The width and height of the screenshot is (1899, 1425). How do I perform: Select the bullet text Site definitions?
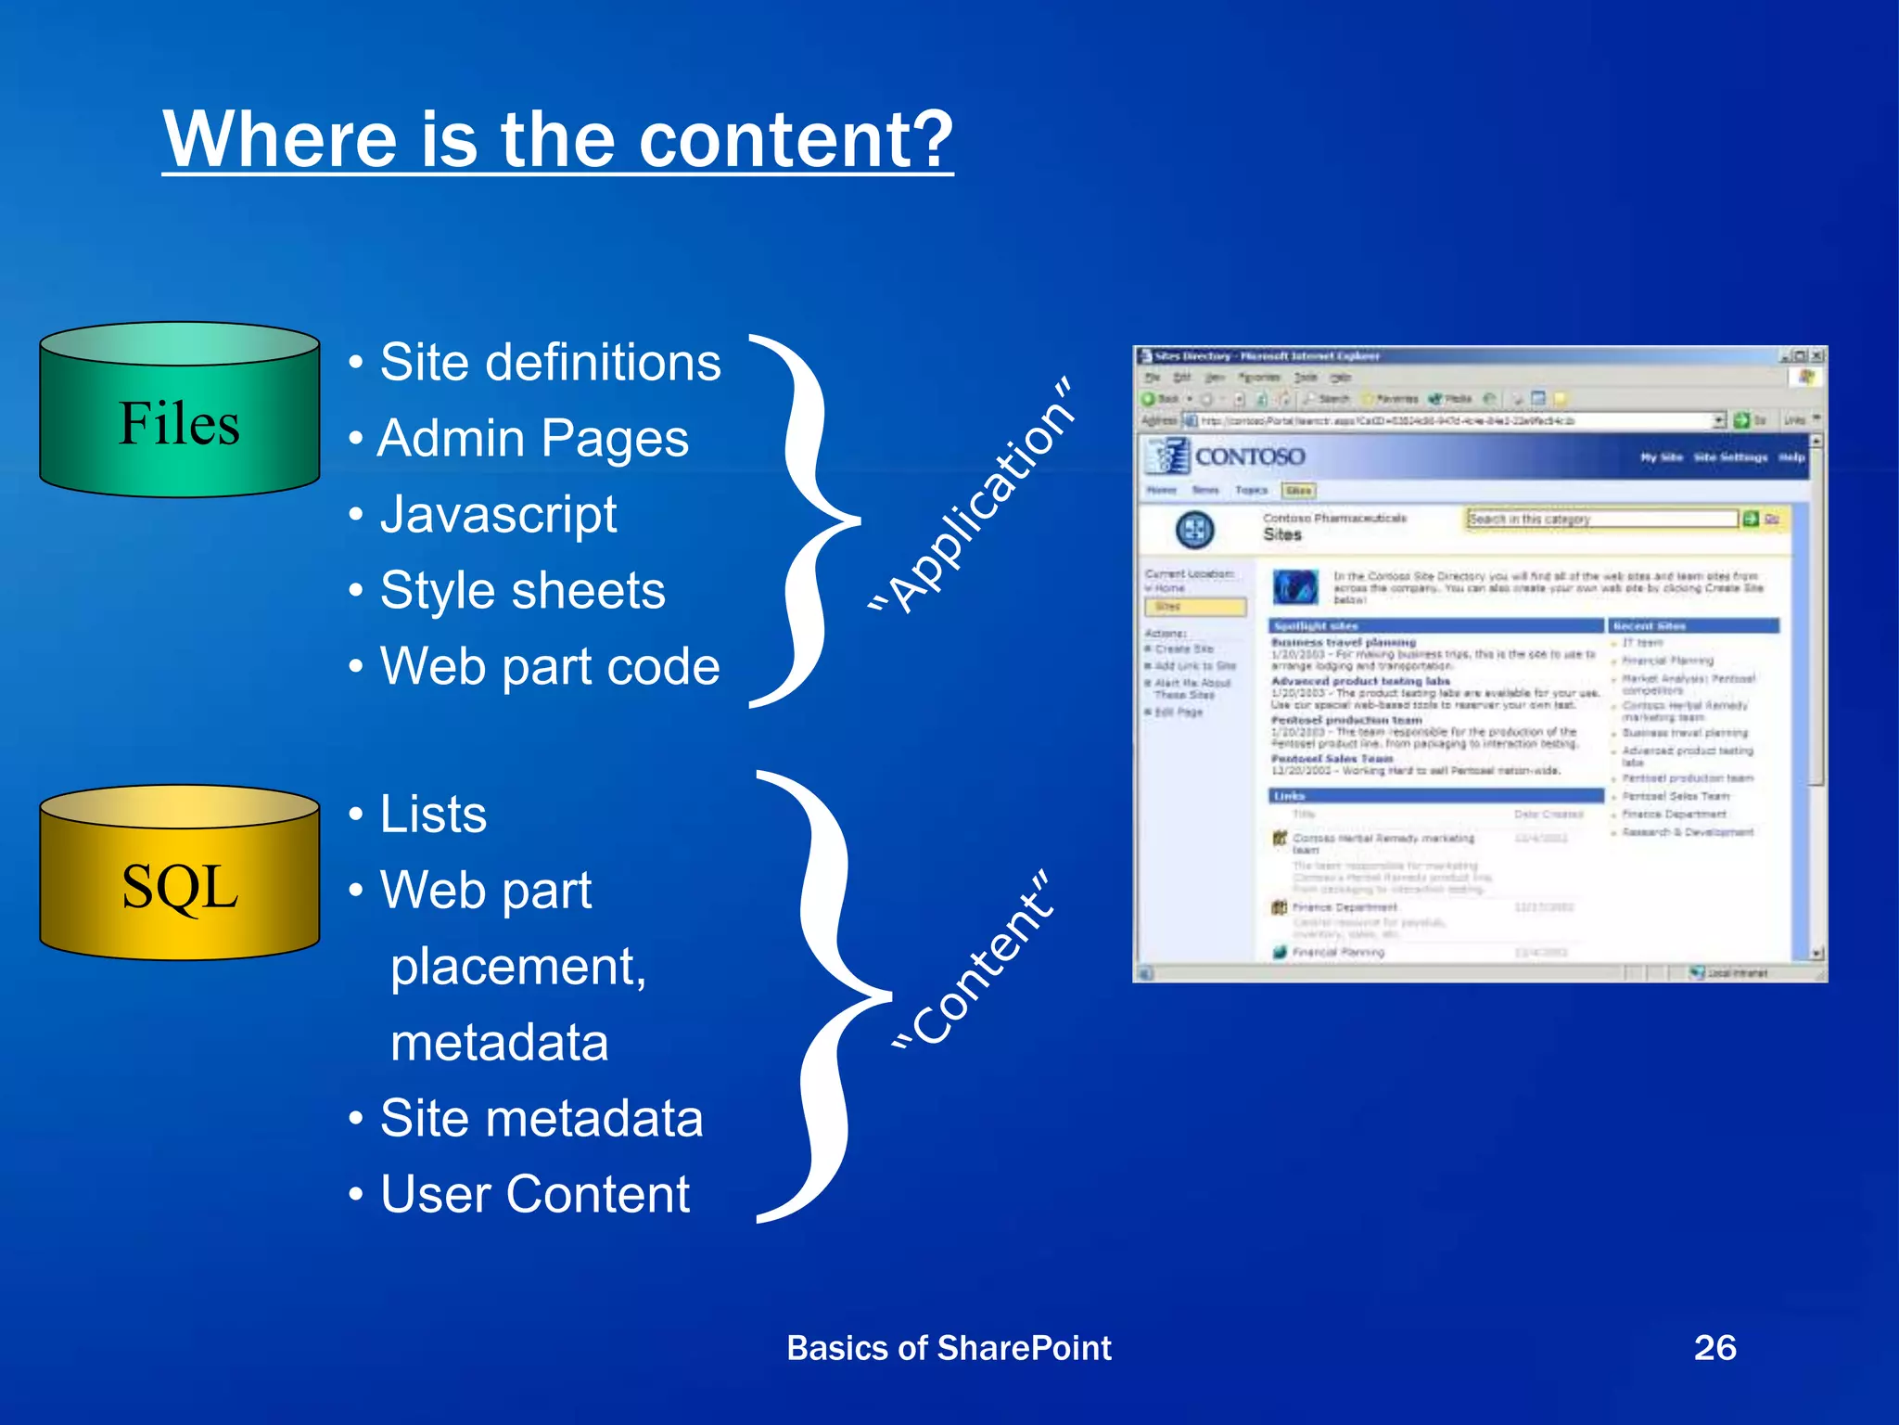coord(549,362)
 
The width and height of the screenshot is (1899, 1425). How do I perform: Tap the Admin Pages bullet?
coord(532,438)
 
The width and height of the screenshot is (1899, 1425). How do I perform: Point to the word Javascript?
coord(498,514)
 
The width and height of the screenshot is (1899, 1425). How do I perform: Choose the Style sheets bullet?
coord(522,590)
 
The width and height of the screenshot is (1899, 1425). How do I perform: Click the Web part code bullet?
coord(549,666)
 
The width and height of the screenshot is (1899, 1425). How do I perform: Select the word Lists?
coord(433,815)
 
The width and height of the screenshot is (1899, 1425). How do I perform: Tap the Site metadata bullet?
coord(541,1118)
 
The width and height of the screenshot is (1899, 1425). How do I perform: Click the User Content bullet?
coord(534,1194)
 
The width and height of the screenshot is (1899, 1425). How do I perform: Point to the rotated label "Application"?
coord(974,496)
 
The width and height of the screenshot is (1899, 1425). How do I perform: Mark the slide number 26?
coord(1714,1347)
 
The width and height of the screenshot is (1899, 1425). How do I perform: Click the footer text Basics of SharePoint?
coord(948,1348)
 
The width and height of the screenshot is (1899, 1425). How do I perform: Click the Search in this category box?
coord(1600,519)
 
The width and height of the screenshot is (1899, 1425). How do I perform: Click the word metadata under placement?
coord(499,1043)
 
